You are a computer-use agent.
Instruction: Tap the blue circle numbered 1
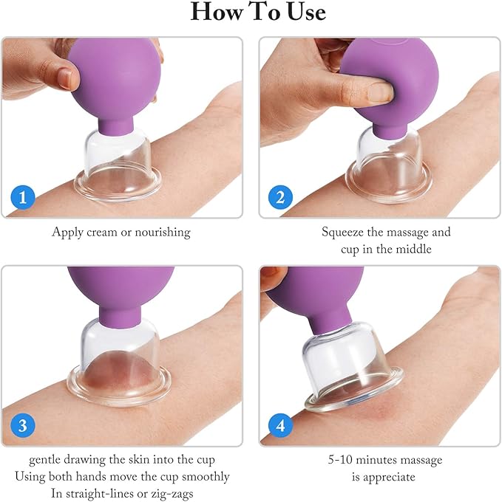23,196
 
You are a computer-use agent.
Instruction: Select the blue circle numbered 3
23,425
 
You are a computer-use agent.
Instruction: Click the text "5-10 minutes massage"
386,461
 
